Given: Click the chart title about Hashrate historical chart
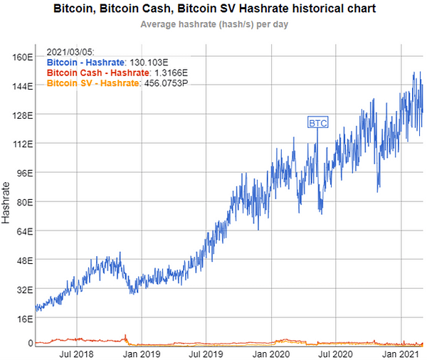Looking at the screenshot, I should tap(213, 9).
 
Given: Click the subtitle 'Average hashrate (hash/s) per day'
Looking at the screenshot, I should tap(214, 24).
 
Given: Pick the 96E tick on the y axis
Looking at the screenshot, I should tap(23, 173).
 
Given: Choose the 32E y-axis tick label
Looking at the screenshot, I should tap(23, 290).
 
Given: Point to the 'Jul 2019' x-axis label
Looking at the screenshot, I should tap(205, 353).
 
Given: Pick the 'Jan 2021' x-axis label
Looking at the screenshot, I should tap(400, 353).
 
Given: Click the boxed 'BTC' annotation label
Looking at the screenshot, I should tap(317, 122).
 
